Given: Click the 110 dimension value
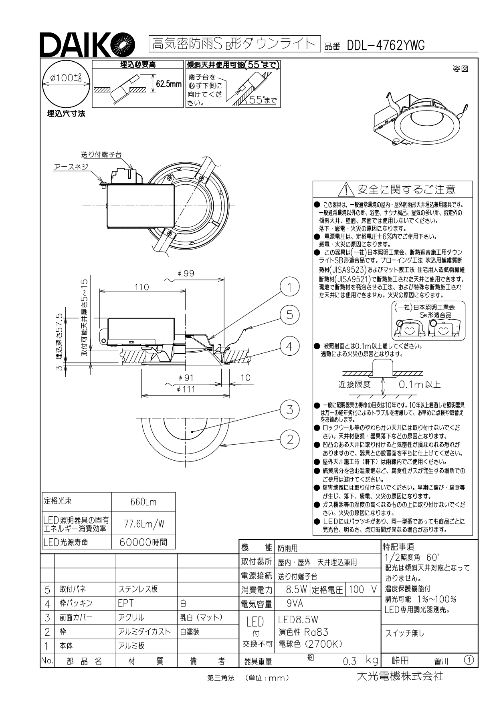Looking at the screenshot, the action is click(x=142, y=287).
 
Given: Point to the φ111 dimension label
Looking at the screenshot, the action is click(x=186, y=389).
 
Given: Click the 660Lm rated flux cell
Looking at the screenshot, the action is click(x=143, y=502).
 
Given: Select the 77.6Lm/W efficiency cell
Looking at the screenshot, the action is click(x=143, y=524).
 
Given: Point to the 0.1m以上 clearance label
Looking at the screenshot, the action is click(x=419, y=385).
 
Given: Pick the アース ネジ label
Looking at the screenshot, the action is click(x=71, y=167).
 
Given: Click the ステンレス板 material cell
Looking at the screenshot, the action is click(x=138, y=589).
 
